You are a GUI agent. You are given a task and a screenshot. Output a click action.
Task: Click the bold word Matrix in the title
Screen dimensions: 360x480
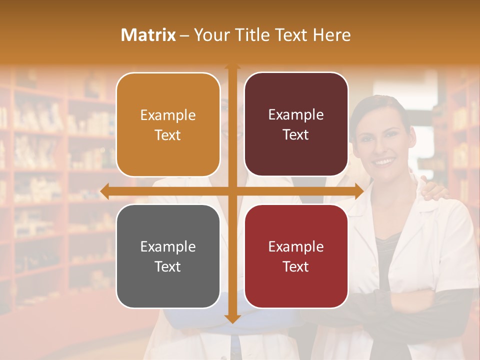[x=148, y=35]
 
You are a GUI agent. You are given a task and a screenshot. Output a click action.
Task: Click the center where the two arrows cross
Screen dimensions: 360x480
[x=232, y=191]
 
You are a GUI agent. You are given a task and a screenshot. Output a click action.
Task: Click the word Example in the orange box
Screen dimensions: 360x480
[x=168, y=115]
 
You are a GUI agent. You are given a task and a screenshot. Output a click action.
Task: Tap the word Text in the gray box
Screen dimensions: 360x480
[x=168, y=266]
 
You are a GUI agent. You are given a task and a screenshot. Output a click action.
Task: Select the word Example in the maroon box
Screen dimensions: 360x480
[x=296, y=115]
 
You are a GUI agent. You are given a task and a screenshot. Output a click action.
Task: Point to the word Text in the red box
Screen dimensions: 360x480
[x=296, y=266]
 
